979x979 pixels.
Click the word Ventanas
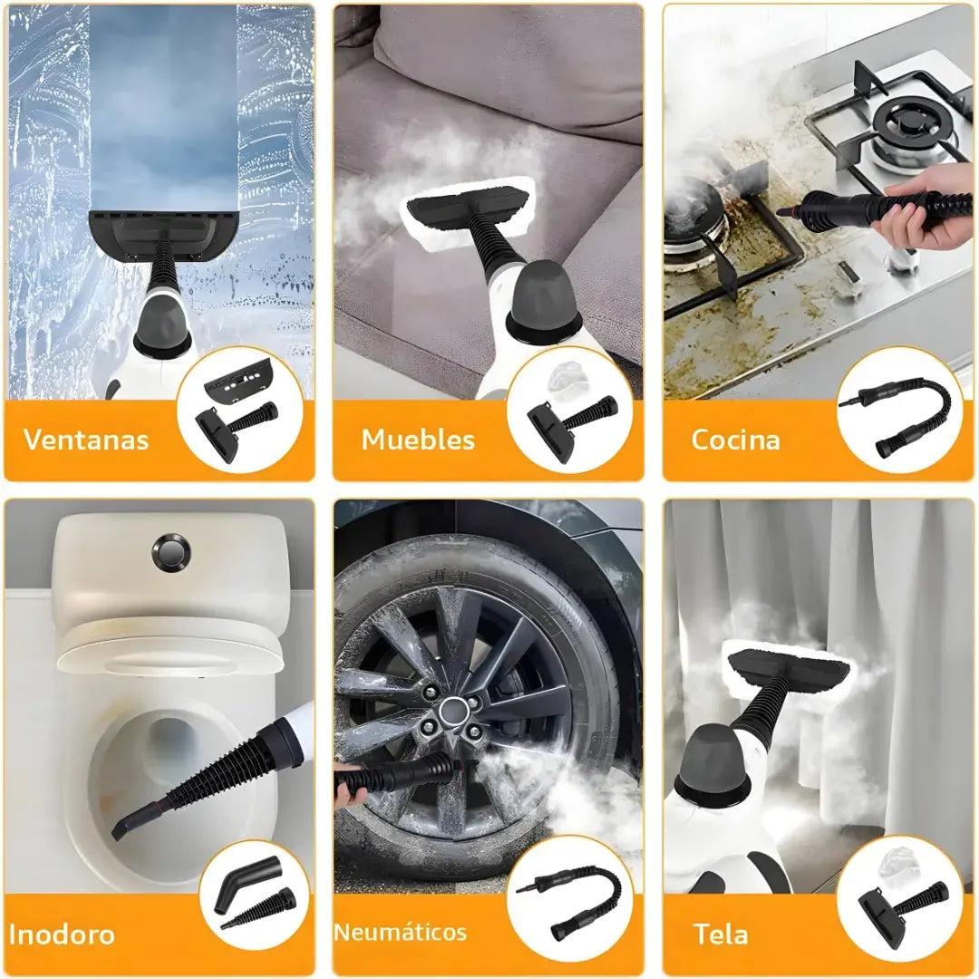pyautogui.click(x=86, y=440)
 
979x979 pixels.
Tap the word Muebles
pyautogui.click(x=418, y=440)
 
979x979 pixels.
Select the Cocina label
pyautogui.click(x=735, y=440)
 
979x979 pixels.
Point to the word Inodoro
pyautogui.click(x=62, y=935)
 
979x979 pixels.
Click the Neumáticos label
pyautogui.click(x=401, y=932)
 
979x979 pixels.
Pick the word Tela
pyautogui.click(x=720, y=935)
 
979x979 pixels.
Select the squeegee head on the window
pyautogui.click(x=163, y=235)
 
